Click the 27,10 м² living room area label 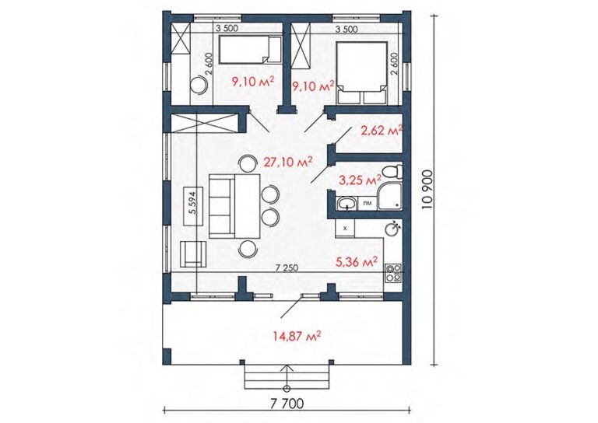tap(288, 162)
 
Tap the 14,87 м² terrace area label tap(297, 336)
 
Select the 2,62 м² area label tap(382, 131)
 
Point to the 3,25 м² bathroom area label tap(360, 180)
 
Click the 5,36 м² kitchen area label tap(357, 261)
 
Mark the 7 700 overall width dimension tap(287, 404)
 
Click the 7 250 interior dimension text tap(287, 267)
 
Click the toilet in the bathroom tap(392, 172)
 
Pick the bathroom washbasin tap(347, 203)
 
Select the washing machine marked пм tap(368, 203)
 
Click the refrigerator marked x tap(345, 229)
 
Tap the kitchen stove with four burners tap(393, 274)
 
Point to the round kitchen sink tap(392, 229)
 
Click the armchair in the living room tap(192, 254)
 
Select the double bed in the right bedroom tap(361, 73)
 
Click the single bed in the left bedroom tap(251, 50)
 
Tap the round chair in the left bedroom tap(199, 86)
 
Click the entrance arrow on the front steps tap(287, 378)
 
